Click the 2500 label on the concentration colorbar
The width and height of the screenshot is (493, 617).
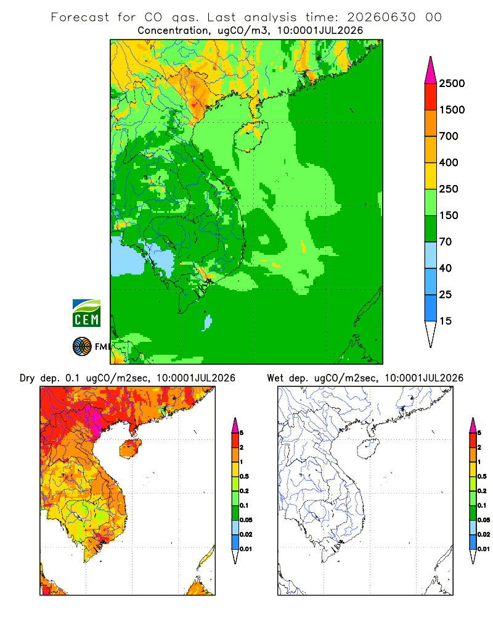452,83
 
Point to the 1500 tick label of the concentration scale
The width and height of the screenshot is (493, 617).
452,110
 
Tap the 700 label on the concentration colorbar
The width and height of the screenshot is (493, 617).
449,136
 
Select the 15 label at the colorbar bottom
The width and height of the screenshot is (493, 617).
446,321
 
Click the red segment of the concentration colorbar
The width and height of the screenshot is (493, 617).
431,97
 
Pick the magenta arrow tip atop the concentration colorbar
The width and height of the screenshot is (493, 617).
431,70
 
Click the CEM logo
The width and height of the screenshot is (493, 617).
86,313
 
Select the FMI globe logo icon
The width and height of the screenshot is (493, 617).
82,347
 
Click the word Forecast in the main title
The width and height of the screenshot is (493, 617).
80,17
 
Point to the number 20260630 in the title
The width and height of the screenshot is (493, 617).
381,17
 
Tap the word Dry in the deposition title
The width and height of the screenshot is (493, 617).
27,378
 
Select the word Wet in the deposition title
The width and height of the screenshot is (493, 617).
275,378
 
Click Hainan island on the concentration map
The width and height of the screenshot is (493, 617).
251,136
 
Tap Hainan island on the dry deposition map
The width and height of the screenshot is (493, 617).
131,449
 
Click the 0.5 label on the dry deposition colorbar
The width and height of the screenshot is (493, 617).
245,476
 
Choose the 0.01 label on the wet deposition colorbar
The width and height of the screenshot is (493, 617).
484,549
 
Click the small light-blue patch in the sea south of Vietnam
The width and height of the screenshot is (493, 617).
208,322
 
